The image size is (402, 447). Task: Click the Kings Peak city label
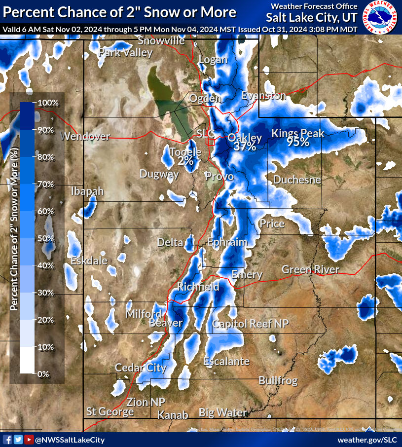click(x=298, y=133)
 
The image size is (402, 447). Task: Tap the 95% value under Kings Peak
click(x=298, y=143)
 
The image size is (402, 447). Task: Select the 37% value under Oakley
click(x=245, y=146)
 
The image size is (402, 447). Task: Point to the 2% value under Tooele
click(x=185, y=161)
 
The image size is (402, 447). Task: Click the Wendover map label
click(x=86, y=137)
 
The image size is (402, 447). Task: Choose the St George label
click(x=110, y=411)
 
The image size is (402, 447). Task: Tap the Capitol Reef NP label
click(x=250, y=324)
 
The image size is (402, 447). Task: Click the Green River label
click(x=310, y=269)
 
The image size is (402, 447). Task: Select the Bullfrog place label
click(x=278, y=381)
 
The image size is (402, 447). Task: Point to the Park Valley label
click(x=126, y=53)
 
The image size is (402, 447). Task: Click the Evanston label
click(x=263, y=96)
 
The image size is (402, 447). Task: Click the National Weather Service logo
click(x=381, y=17)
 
